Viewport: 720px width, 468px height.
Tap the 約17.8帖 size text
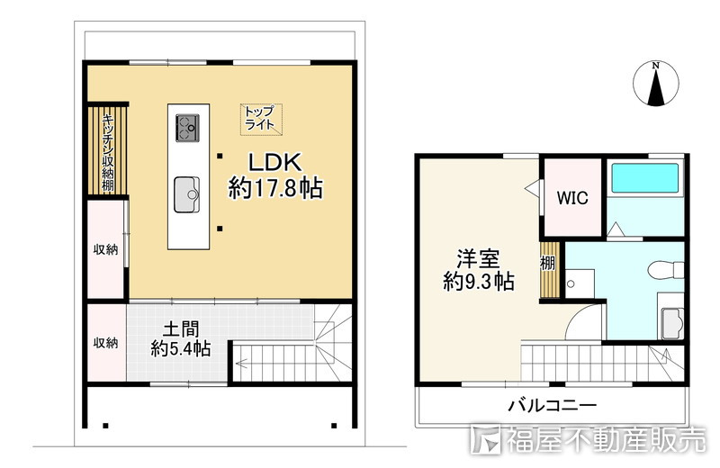click(275, 189)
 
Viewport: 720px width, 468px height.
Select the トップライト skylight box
click(259, 118)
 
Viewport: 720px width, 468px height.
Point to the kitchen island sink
click(188, 191)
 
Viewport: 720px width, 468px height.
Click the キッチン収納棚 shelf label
click(107, 151)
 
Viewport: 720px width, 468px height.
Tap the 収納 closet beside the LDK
click(105, 249)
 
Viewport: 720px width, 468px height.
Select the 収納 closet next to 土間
click(105, 343)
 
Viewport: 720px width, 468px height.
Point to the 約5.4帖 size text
click(181, 349)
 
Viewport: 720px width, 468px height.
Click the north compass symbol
click(656, 85)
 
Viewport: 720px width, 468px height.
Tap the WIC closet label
click(571, 198)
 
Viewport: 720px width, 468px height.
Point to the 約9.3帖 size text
click(479, 282)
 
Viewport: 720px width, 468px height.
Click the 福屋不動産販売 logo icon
click(485, 440)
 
